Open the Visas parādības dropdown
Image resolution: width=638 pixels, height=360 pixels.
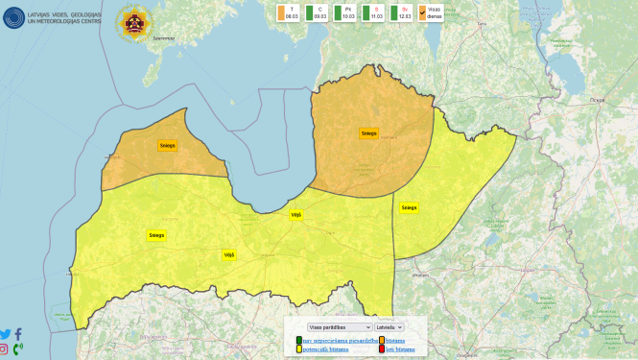pos(332,327)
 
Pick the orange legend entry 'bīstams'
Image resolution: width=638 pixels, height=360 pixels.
pos(394,340)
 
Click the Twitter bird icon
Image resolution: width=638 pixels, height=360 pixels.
pos(6,334)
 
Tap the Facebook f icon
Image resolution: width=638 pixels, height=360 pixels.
pos(18,334)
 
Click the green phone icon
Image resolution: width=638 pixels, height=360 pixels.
pos(18,348)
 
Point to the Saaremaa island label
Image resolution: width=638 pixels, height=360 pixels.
pos(163,38)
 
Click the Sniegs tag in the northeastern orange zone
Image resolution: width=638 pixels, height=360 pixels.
pos(368,133)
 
